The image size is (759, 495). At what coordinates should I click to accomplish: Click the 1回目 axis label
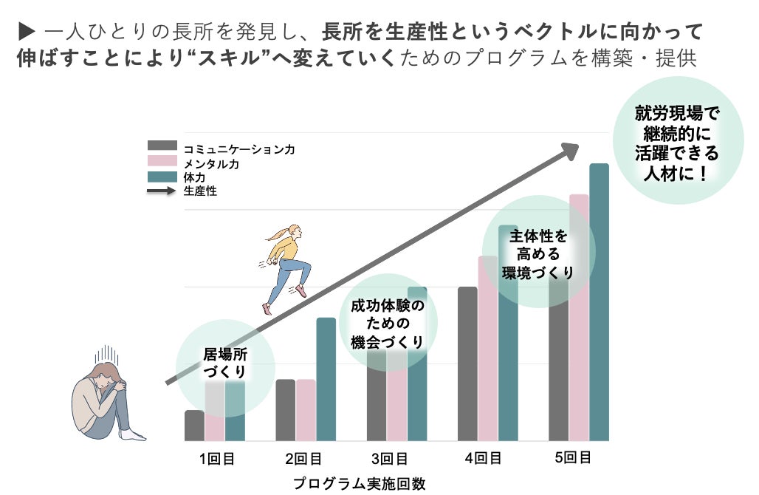click(216, 459)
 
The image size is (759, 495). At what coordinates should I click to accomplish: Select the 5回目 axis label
click(573, 457)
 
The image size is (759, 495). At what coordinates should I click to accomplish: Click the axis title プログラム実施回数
click(359, 484)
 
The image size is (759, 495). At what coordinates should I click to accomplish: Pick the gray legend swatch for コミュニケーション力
click(162, 146)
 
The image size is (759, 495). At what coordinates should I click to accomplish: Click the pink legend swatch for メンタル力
click(162, 160)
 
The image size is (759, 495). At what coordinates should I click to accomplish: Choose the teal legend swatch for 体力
click(162, 176)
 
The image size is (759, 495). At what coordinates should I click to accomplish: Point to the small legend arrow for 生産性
click(162, 191)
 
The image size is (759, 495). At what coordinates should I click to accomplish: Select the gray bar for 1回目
click(194, 426)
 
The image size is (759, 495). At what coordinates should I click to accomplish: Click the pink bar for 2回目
click(306, 410)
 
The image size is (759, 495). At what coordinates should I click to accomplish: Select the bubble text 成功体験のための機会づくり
click(387, 324)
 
